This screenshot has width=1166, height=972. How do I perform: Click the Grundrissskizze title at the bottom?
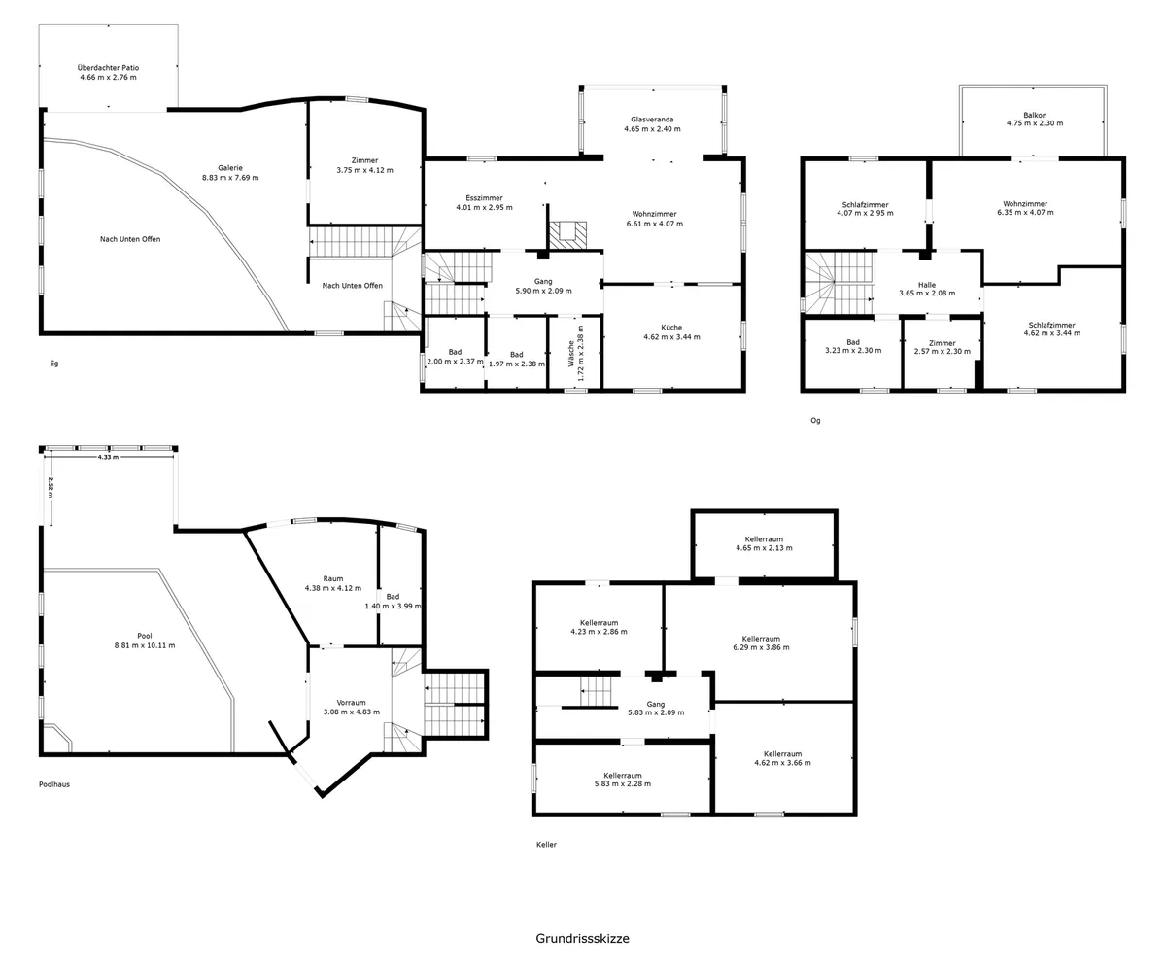582,939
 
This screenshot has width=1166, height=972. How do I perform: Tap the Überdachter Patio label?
108,68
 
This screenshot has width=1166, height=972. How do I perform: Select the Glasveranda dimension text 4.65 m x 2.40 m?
652,129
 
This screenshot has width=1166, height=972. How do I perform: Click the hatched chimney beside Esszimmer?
567,235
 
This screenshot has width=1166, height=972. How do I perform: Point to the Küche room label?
671,328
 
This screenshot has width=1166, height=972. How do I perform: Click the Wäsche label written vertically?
571,354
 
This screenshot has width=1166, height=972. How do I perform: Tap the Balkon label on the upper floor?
1035,115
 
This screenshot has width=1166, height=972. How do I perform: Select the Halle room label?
927,285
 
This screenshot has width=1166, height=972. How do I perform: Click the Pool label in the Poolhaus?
145,636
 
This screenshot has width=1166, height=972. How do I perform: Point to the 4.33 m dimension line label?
108,457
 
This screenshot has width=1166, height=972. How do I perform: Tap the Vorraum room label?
351,703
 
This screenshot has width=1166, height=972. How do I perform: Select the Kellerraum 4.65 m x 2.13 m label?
764,543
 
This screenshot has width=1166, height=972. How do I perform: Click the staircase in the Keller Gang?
596,691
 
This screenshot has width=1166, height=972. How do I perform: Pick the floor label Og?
815,421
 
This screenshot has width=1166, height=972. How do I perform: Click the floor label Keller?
546,845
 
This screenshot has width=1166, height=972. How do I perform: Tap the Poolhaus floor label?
54,784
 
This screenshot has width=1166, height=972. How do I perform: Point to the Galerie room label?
230,168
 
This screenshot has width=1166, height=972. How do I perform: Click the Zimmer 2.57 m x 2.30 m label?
943,347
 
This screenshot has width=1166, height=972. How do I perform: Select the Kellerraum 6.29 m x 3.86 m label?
761,642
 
